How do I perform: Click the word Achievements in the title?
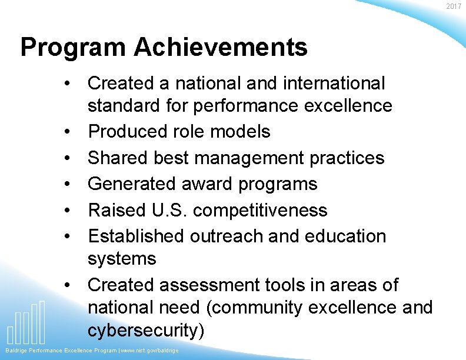(221, 48)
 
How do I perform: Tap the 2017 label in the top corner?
(454, 6)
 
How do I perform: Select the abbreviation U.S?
(166, 210)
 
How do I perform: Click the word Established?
(136, 236)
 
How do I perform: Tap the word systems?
(122, 259)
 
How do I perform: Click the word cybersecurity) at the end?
(146, 331)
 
